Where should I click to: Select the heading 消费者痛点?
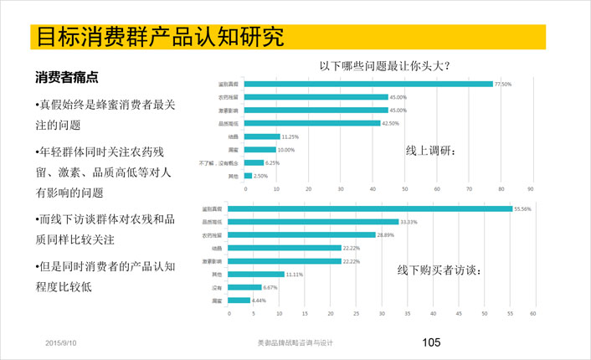click(66, 78)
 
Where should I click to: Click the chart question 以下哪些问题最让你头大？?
click(385, 65)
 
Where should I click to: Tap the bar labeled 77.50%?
click(368, 84)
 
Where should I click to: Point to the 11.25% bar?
click(262, 136)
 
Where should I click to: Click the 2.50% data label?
click(261, 176)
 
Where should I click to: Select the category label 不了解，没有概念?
click(218, 162)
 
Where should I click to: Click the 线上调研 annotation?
click(431, 150)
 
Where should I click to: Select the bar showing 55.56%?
click(378, 208)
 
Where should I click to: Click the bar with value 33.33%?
click(321, 222)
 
